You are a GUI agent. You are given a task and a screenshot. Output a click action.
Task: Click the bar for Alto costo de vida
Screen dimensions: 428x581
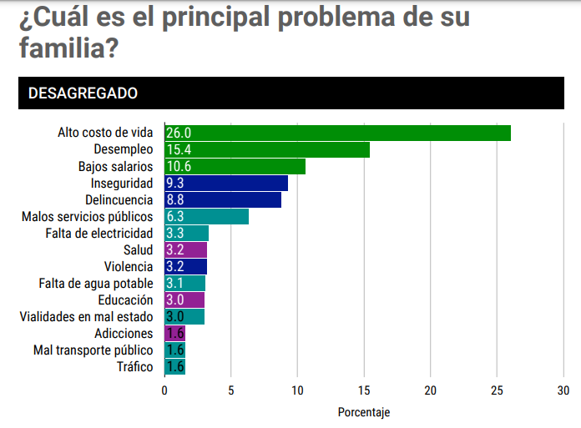pos(337,133)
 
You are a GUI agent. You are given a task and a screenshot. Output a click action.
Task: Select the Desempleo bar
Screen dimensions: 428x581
pos(267,150)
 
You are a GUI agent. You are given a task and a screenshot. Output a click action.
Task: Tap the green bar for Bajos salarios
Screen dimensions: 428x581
pos(235,167)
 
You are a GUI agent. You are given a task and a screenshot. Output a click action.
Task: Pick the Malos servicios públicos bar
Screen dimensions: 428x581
pos(207,217)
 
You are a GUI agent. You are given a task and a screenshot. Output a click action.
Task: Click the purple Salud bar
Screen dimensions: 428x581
pos(186,250)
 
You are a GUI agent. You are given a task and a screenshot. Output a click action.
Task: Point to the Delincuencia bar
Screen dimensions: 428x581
pos(223,200)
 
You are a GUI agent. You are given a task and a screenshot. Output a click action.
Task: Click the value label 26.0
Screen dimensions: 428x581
pos(179,133)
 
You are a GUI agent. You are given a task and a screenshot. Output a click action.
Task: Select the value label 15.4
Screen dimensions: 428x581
pos(179,150)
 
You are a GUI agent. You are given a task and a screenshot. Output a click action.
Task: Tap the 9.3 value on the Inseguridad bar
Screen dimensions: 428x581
pos(175,184)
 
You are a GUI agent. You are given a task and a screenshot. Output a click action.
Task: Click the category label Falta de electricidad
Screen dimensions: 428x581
pos(99,234)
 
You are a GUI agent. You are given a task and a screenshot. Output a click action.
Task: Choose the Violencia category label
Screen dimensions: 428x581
pos(129,267)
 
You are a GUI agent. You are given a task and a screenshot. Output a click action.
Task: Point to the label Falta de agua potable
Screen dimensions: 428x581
pos(96,284)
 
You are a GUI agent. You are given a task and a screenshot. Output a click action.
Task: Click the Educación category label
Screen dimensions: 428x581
pos(125,300)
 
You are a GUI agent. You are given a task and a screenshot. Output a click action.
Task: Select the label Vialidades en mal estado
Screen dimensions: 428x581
pos(87,317)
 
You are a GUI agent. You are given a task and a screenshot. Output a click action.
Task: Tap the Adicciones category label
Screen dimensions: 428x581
pos(124,334)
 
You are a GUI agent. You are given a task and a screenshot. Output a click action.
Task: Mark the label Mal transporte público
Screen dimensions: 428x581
pos(93,350)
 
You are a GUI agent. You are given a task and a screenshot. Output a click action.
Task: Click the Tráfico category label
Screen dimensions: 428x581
pos(134,367)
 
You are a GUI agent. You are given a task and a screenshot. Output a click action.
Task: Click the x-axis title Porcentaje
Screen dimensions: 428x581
pos(364,412)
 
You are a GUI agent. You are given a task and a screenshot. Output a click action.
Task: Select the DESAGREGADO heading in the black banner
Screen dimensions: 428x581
pos(83,93)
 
